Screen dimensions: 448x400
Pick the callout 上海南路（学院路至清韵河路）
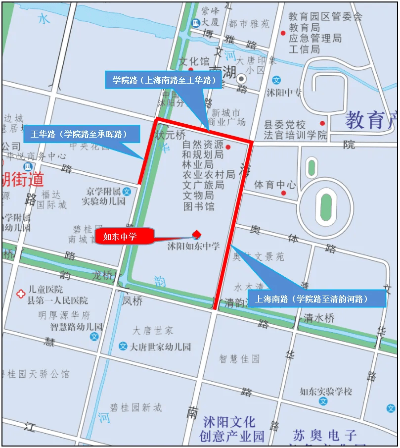point(316,299)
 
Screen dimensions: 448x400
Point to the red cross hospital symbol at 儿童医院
point(20,294)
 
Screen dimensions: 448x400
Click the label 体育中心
point(274,185)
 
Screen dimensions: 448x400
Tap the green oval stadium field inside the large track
point(326,207)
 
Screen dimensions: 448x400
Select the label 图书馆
point(199,206)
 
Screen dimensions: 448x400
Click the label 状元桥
point(170,135)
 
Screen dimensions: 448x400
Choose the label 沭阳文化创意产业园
point(232,429)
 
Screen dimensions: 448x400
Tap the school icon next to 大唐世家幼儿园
point(123,347)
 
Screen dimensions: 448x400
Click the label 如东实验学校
point(326,391)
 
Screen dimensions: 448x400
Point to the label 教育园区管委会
point(325,16)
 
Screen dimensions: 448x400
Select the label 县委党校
point(284,125)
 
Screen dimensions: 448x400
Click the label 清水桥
point(319,318)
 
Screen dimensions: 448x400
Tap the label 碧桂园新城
point(135,407)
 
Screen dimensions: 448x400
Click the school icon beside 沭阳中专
point(277,80)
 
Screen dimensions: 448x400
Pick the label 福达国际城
point(51,199)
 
